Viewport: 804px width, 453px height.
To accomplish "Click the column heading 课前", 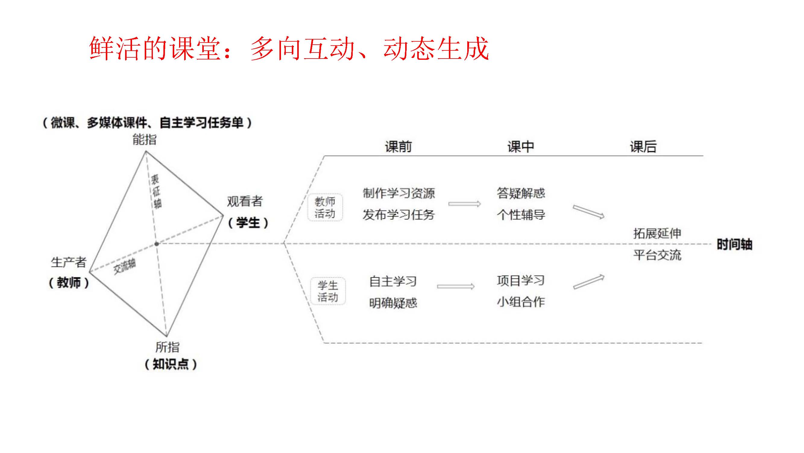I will (398, 146).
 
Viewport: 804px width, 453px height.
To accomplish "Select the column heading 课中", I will (521, 146).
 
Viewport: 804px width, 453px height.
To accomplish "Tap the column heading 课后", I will (643, 146).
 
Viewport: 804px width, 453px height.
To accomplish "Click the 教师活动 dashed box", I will (325, 207).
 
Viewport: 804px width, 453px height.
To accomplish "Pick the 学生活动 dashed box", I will (328, 291).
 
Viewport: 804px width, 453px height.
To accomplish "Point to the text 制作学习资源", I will (399, 193).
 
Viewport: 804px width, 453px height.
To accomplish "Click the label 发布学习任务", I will (399, 215).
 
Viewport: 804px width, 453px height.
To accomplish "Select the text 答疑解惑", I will (521, 193).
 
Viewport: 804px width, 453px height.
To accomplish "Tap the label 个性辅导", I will (521, 215).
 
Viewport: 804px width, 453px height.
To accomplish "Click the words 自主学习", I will (393, 281).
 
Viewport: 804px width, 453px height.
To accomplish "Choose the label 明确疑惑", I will (393, 303).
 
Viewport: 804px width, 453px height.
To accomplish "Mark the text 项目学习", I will (521, 281).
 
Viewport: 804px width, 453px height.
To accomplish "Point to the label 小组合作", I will (521, 302).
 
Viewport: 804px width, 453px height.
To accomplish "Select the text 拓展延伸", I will (657, 233).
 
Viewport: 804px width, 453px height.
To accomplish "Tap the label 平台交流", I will (657, 255).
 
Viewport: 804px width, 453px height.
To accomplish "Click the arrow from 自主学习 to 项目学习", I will (456, 286).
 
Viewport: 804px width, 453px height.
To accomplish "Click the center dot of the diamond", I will (157, 244).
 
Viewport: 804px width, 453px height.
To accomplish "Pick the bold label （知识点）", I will (171, 364).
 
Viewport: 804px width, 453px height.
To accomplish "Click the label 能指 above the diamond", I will (144, 139).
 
